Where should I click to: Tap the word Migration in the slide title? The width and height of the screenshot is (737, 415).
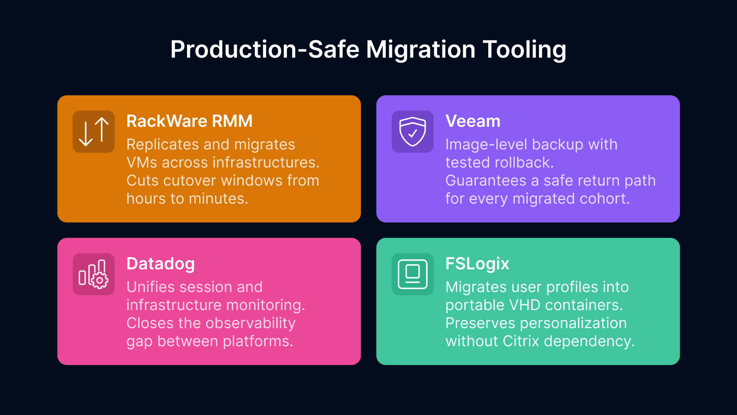tap(421, 50)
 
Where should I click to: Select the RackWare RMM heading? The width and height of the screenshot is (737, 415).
tap(189, 121)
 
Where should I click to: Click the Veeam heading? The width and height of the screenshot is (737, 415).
tap(473, 121)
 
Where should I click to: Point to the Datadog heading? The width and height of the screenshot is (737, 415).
tap(160, 264)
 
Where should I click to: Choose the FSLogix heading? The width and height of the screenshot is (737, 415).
tap(477, 264)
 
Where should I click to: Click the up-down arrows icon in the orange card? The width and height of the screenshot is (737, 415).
tap(94, 132)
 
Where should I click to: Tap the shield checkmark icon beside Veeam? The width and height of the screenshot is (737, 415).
tap(412, 132)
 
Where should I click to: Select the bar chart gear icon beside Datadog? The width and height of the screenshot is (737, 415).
tap(94, 274)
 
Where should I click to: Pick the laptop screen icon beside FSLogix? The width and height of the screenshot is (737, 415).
tap(412, 274)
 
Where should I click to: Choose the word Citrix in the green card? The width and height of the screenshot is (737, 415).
tap(521, 342)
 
